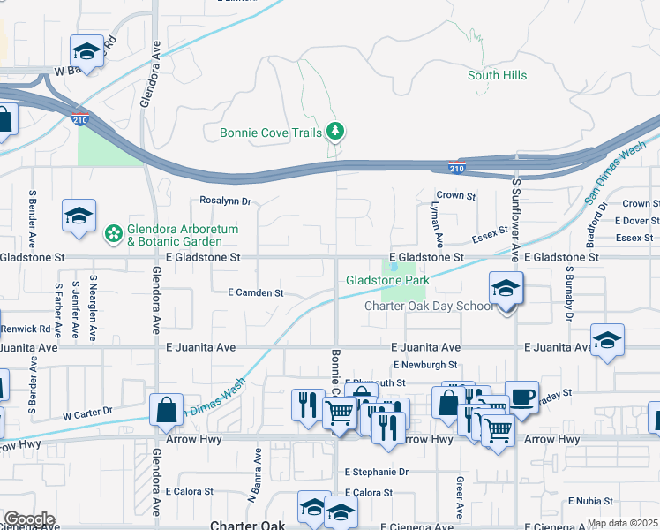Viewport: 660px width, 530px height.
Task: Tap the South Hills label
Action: (x=497, y=76)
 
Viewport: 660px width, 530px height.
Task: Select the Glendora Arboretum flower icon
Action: (x=113, y=234)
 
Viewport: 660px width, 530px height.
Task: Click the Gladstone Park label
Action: (x=387, y=280)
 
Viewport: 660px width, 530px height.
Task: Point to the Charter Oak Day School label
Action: (x=429, y=306)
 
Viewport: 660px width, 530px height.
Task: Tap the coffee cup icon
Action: (x=520, y=397)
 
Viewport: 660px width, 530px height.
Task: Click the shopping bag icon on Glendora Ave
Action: (x=166, y=410)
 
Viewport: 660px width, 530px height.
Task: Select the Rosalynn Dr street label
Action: (x=226, y=201)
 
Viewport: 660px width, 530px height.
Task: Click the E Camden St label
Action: (x=255, y=292)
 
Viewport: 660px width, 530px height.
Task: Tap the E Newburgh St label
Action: (x=425, y=364)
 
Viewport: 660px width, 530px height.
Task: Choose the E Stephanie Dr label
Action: (x=377, y=473)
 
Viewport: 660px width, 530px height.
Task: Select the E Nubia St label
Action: (x=597, y=500)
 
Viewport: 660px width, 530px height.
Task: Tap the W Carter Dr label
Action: (x=88, y=413)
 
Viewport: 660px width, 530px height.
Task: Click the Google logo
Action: (x=28, y=519)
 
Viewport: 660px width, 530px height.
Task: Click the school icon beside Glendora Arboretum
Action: (x=79, y=216)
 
